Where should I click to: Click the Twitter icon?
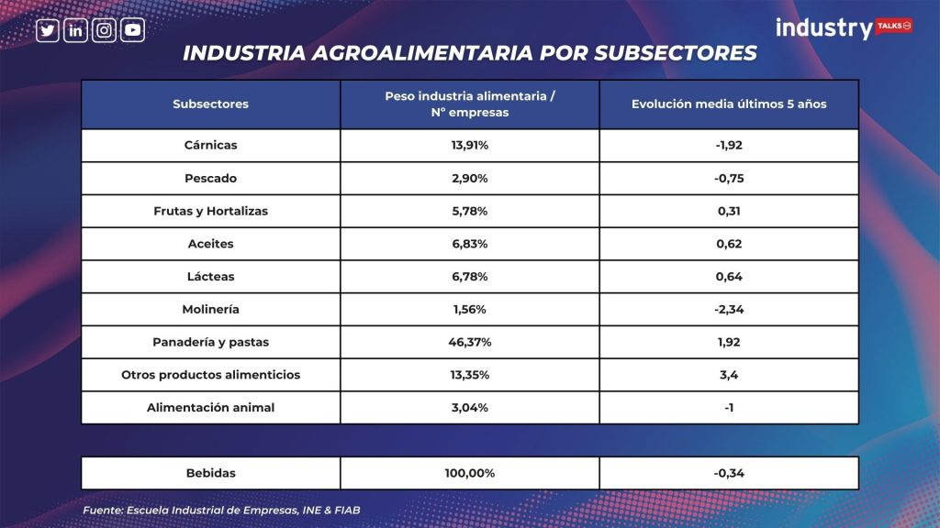point(48,30)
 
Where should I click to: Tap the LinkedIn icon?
point(75,30)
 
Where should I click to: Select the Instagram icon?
point(104,30)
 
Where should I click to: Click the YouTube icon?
point(132,30)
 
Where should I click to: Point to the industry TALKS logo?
point(845,28)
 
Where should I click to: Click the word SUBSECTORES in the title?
point(676,53)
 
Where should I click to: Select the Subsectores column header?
point(210,104)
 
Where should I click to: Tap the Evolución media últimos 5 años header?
point(729,104)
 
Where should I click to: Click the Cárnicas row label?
point(210,146)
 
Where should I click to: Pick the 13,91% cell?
point(470,146)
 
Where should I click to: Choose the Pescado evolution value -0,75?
point(729,179)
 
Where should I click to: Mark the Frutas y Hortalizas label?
point(210,212)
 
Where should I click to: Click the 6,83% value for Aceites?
point(470,244)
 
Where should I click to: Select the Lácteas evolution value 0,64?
point(729,277)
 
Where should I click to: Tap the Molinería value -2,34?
point(729,310)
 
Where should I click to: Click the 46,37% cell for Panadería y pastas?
point(470,343)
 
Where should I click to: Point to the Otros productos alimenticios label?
point(210,375)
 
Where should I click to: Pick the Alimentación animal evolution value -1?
point(729,408)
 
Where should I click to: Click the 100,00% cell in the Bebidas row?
point(470,474)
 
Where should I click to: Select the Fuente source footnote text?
point(221,511)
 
